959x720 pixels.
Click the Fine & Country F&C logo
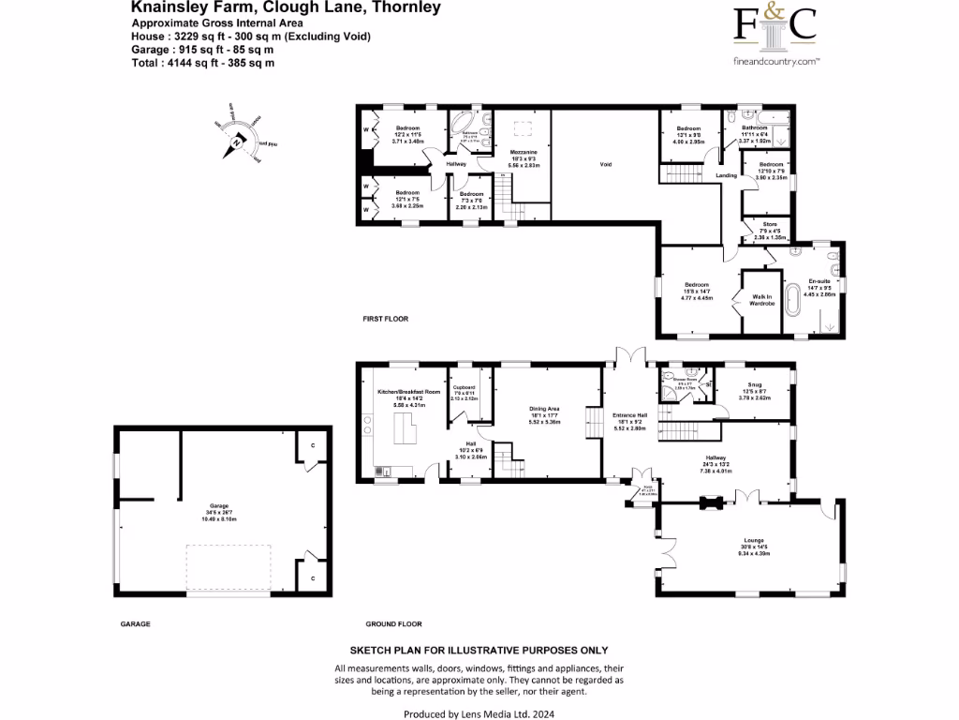(774, 28)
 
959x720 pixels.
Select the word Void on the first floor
(605, 164)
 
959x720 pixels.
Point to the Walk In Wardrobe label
(761, 301)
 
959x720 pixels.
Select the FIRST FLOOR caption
(386, 320)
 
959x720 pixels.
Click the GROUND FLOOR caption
(393, 624)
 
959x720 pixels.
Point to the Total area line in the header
(203, 62)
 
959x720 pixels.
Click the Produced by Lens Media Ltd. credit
(479, 713)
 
